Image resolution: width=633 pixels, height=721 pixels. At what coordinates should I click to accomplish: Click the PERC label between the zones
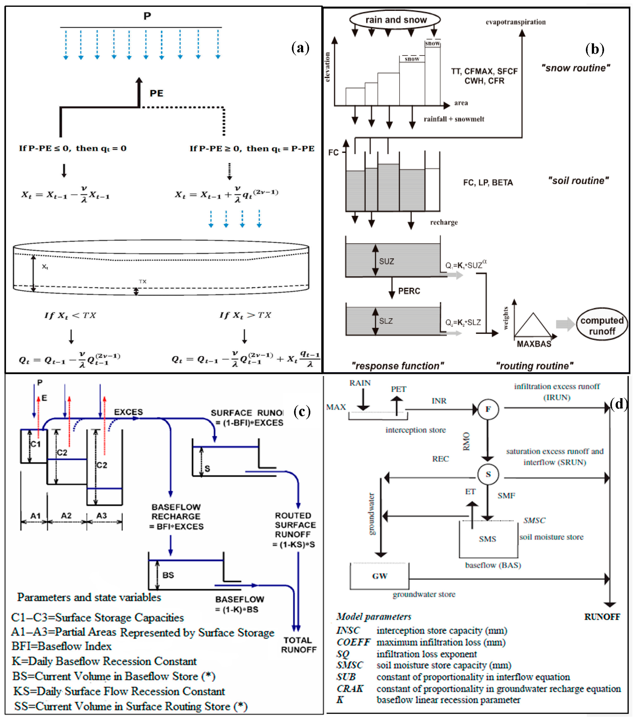409,291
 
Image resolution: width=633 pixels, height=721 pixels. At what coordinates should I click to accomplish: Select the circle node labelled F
488,409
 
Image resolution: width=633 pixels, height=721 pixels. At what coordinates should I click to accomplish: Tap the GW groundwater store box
380,576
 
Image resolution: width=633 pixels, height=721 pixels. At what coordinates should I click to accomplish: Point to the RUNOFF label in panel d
602,617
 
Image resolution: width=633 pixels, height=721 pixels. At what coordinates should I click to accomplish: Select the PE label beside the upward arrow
156,93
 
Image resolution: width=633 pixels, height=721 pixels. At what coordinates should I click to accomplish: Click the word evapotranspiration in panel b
515,22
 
